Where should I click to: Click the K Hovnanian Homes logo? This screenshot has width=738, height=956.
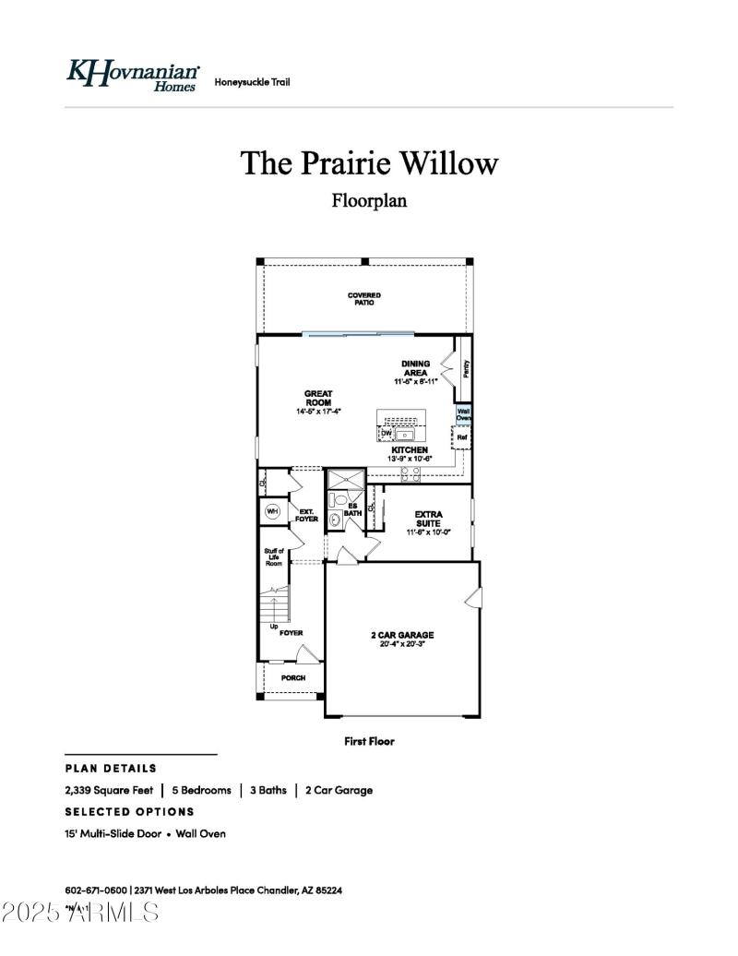(x=133, y=74)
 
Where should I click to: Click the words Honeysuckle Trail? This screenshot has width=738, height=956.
(x=252, y=82)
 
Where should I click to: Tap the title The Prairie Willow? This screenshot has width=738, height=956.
(x=369, y=163)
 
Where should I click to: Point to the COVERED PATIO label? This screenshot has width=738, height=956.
(x=364, y=299)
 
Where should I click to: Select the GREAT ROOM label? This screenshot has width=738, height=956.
(x=318, y=398)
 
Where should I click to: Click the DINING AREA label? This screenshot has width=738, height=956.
(x=415, y=368)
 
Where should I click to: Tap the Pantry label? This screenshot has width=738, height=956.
(x=466, y=369)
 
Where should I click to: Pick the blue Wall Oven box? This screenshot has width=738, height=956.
(x=464, y=414)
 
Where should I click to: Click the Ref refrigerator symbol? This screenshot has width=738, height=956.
(x=463, y=437)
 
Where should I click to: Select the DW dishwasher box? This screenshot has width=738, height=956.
(x=387, y=433)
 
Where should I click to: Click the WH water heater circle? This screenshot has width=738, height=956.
(x=272, y=511)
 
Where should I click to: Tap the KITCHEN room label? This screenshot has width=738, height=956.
(x=410, y=450)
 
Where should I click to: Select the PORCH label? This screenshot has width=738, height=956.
(x=293, y=678)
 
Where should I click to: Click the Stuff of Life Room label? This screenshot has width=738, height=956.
(x=274, y=556)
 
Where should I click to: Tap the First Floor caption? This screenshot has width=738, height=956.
(x=369, y=741)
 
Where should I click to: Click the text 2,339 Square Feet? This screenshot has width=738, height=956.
(x=109, y=791)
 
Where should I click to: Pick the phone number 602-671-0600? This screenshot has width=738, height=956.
(x=95, y=890)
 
